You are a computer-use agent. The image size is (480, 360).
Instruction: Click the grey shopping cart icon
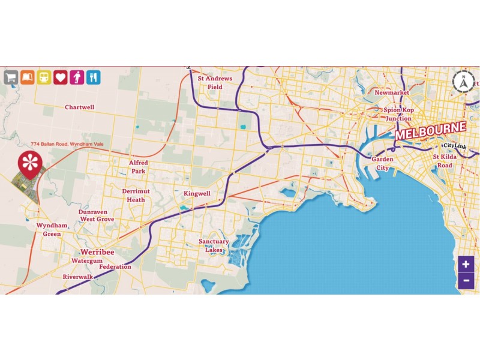10,77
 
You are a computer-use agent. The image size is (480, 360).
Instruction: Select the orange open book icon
27,77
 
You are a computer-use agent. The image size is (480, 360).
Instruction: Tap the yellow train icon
44,77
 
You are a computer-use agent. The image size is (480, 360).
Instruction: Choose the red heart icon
60,77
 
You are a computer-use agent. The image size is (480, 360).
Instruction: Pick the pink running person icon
77,77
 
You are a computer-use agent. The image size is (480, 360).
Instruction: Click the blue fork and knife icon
93,77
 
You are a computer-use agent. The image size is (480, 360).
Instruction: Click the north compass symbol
463,82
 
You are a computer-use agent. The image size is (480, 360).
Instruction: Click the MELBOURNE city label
430,131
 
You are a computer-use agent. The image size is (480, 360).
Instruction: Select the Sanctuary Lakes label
214,245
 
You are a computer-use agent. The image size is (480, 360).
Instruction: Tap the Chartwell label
79,107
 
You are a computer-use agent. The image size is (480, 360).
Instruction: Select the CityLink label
454,146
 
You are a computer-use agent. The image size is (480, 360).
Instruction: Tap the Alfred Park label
138,167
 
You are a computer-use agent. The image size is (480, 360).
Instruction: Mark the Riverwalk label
78,277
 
